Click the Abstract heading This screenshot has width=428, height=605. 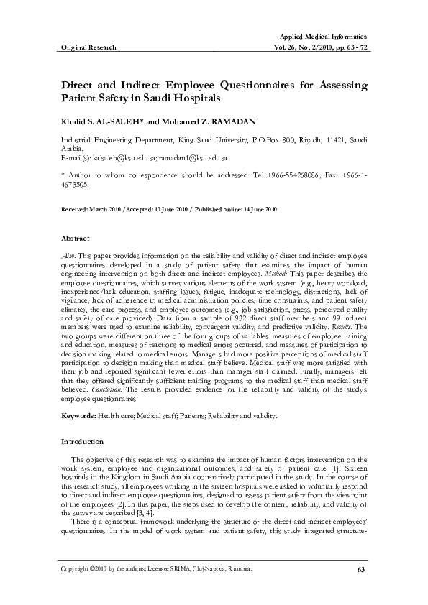tap(75, 238)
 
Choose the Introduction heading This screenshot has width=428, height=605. tap(83, 441)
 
